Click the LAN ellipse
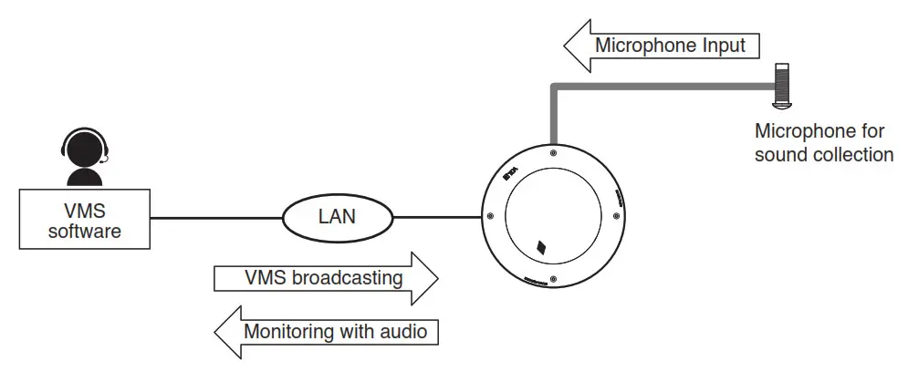point(338,218)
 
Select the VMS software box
point(84,220)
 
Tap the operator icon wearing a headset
point(83,157)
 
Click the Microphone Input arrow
point(662,46)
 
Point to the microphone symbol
point(782,87)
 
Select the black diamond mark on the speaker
point(542,246)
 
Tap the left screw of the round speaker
point(490,216)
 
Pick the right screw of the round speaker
point(615,216)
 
